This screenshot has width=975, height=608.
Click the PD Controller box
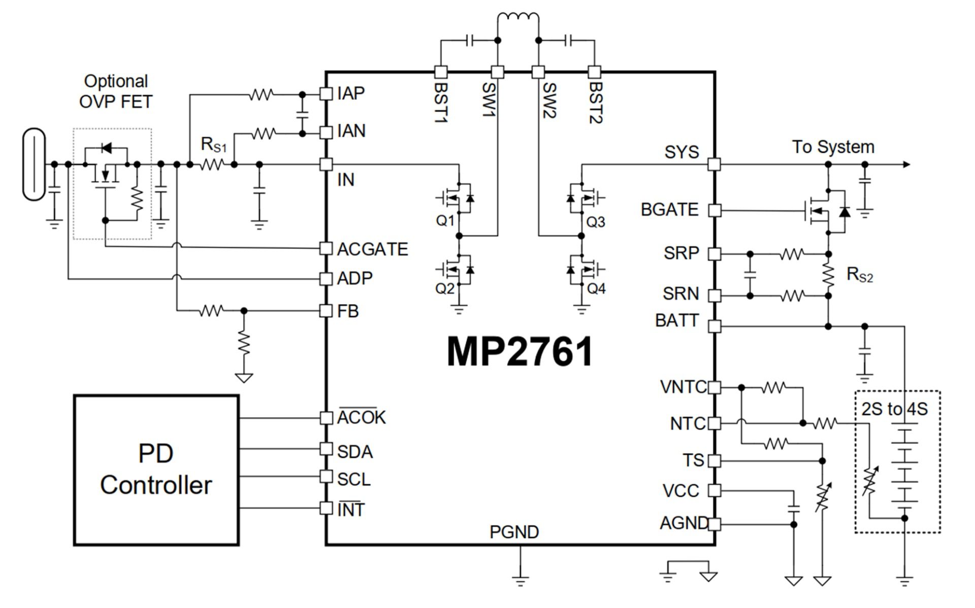156,470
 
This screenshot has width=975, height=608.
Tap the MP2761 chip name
520,352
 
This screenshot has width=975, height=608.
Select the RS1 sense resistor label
214,145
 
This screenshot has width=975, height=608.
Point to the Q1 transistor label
445,221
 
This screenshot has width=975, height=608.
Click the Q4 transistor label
596,289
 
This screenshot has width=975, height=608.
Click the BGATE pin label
669,210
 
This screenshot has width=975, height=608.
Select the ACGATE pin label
372,249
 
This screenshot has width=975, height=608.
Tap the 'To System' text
833,147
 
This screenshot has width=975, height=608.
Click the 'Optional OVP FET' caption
116,91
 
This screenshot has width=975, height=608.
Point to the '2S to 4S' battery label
894,409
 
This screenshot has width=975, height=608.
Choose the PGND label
514,532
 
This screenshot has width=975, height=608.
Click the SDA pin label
354,452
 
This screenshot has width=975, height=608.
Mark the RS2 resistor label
860,275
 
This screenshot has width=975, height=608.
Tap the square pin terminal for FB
326,311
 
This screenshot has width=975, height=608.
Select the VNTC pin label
682,387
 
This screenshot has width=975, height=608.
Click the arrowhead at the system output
906,164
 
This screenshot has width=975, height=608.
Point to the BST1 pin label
440,101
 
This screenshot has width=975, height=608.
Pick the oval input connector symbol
34,164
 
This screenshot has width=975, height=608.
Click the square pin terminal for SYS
714,164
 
